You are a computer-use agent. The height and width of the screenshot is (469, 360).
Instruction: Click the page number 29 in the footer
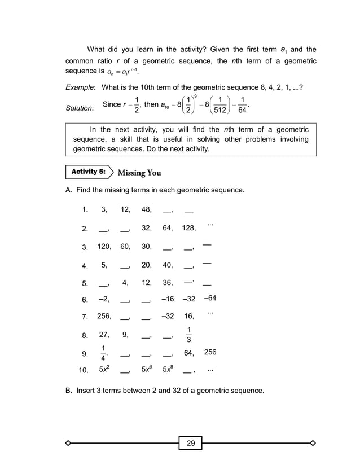(x=191, y=443)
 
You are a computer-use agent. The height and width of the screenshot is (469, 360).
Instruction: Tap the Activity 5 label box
(x=89, y=172)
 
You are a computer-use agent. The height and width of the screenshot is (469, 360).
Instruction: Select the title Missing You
(x=139, y=173)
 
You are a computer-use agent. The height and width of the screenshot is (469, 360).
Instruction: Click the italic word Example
(x=79, y=88)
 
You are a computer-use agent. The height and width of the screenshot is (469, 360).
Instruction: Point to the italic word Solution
(x=79, y=108)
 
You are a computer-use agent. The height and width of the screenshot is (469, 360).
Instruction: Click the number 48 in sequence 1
(x=146, y=209)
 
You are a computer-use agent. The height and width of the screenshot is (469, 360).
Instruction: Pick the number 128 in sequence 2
(x=188, y=228)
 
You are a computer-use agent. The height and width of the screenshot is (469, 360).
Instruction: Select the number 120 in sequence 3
(x=104, y=246)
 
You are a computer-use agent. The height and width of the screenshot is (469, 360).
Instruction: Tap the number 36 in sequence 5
(x=168, y=283)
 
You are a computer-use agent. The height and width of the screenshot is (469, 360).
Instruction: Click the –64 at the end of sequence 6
(x=208, y=298)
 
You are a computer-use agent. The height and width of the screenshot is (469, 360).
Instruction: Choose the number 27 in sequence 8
(x=104, y=335)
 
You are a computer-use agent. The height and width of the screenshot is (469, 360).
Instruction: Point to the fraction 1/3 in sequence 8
(x=188, y=335)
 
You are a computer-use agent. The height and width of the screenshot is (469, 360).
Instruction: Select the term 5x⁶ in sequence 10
(x=146, y=370)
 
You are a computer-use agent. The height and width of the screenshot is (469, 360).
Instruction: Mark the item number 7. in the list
(x=85, y=317)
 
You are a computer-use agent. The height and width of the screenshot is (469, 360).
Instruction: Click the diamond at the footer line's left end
(x=68, y=443)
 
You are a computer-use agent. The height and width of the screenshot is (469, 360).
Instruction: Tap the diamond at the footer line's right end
(x=313, y=443)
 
